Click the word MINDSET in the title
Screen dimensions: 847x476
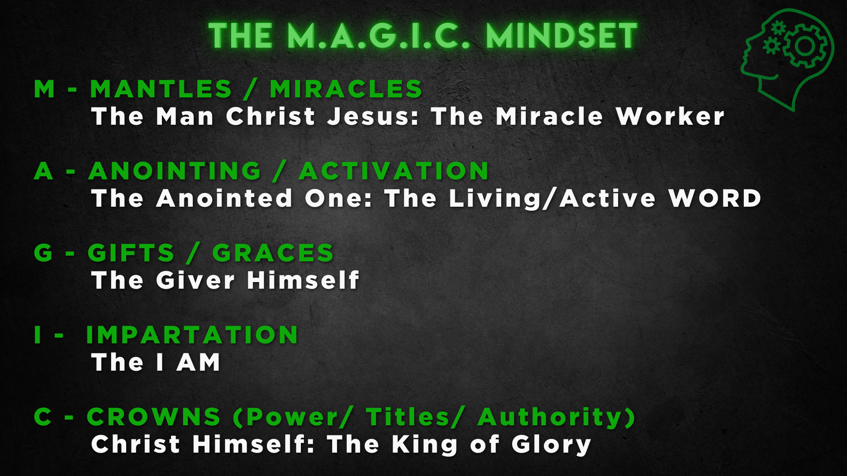pos(562,36)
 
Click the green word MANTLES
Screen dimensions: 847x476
pos(161,89)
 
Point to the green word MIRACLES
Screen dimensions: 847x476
pos(346,89)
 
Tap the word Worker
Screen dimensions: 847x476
pos(670,116)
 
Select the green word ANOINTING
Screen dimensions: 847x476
pos(175,171)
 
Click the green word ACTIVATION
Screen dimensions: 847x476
pos(394,171)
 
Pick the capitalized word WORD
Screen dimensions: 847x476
pos(715,198)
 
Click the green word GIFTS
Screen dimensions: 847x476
pos(131,253)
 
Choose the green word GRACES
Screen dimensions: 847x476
pos(273,253)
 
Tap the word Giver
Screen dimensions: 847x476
pos(195,280)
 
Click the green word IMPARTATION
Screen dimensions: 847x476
pos(192,335)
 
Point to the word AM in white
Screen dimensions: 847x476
pos(199,362)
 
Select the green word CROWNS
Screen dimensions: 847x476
pos(153,417)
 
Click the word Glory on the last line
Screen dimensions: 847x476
pos(551,445)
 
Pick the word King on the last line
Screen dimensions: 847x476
pos(424,445)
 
